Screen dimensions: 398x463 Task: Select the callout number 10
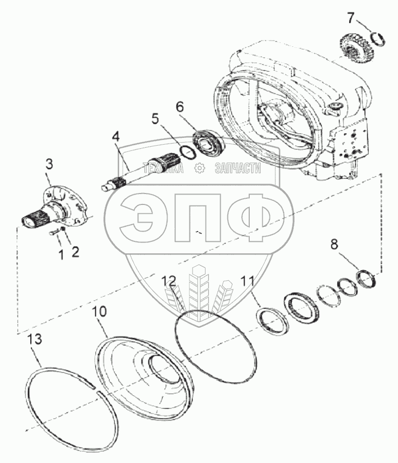[x=100, y=312]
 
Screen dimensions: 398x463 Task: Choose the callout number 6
[x=179, y=107]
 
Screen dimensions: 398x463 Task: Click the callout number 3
[x=49, y=164]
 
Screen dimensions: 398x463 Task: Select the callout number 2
[x=75, y=252]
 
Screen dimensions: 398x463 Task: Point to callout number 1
[x=61, y=254]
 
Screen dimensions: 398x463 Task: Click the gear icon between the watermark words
[x=199, y=168]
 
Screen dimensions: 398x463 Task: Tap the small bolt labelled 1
[x=54, y=234]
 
